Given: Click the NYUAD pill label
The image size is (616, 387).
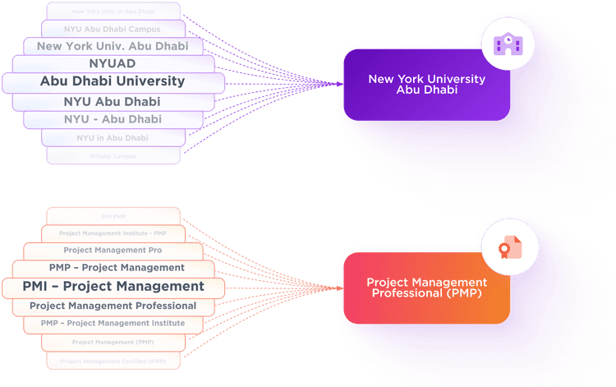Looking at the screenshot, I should (112, 63).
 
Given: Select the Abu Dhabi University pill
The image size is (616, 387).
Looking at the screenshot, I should (113, 81).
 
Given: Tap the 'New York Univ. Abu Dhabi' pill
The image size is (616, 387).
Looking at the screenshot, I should (113, 46).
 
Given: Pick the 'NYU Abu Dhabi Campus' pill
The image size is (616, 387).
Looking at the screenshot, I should (113, 29).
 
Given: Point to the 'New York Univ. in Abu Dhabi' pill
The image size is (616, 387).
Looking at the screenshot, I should (113, 12).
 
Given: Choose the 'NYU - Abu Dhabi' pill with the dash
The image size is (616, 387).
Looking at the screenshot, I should (113, 119).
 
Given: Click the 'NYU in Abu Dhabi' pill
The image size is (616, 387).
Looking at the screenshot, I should (113, 138).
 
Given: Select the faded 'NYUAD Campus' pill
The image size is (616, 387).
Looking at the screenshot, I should (113, 155).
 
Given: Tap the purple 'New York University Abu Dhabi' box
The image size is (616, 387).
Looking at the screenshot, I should (426, 85).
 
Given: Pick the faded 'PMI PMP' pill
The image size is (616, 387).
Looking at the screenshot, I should (113, 216).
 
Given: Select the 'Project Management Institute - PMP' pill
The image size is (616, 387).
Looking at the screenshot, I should (113, 233).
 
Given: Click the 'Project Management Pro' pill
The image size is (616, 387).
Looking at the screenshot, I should (113, 250).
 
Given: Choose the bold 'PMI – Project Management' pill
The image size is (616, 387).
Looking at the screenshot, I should (113, 287).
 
